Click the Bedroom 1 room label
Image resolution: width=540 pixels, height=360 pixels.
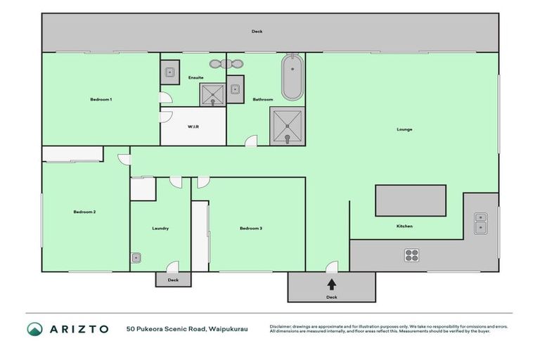coord(101,100)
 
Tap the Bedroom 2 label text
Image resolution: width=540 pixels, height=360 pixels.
coord(84,212)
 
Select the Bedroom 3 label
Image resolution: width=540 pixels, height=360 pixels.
coord(250,229)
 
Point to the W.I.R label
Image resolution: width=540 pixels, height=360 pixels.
coord(193,127)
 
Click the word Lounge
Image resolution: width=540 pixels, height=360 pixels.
coord(404,129)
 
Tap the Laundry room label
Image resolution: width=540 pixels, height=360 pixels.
coord(160,229)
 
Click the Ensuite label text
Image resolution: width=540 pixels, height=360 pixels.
coord(195,77)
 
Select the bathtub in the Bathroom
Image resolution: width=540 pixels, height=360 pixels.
coord(292,79)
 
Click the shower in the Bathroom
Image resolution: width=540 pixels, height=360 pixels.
coord(288,126)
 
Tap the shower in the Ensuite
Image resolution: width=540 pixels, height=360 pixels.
coord(212,94)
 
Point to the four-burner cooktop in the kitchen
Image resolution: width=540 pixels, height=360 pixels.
coord(412,255)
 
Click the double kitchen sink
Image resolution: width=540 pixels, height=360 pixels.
coord(481,223)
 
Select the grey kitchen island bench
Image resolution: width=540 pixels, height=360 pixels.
coord(411,200)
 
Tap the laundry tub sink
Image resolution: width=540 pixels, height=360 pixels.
coord(136,258)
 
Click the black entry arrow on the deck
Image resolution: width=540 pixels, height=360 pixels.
coord(332,284)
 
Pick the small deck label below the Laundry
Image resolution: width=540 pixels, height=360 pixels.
coord(173,280)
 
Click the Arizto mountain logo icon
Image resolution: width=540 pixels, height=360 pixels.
coord(35,329)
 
